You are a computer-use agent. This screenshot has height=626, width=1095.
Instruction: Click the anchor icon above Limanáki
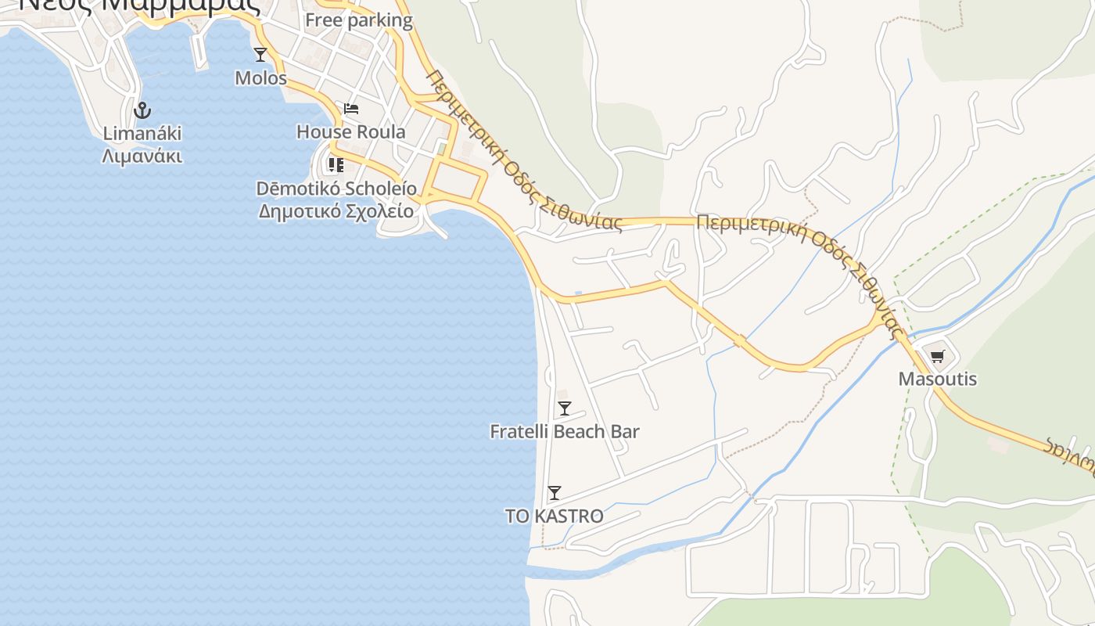pyautogui.click(x=142, y=110)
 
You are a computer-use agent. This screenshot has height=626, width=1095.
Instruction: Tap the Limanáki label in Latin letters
pyautogui.click(x=142, y=133)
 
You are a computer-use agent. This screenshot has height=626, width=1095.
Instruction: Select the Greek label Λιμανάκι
pyautogui.click(x=142, y=156)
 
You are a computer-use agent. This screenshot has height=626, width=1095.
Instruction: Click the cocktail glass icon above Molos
pyautogui.click(x=260, y=55)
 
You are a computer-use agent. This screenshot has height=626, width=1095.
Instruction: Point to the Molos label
pyautogui.click(x=260, y=78)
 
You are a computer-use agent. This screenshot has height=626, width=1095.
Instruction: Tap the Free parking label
pyautogui.click(x=358, y=20)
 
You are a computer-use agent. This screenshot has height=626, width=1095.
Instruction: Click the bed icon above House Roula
pyautogui.click(x=351, y=108)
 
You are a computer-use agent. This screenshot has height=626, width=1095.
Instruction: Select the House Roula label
pyautogui.click(x=351, y=131)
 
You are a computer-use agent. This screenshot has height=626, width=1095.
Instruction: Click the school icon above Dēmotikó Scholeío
pyautogui.click(x=336, y=165)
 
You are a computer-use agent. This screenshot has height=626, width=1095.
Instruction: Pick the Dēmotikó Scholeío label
pyautogui.click(x=336, y=189)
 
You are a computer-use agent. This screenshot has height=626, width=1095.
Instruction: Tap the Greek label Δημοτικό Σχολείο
pyautogui.click(x=336, y=211)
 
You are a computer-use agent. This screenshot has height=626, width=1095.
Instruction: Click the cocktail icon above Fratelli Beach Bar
pyautogui.click(x=564, y=408)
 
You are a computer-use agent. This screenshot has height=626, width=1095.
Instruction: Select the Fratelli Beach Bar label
pyautogui.click(x=564, y=431)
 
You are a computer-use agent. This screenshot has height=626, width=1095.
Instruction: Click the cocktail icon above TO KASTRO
pyautogui.click(x=555, y=493)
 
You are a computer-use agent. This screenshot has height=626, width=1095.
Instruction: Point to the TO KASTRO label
pyautogui.click(x=555, y=516)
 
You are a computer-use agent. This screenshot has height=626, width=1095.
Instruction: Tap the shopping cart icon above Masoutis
pyautogui.click(x=937, y=357)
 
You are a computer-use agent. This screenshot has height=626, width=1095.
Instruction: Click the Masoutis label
pyautogui.click(x=937, y=380)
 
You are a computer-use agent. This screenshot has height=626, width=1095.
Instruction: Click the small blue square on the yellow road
pyautogui.click(x=578, y=294)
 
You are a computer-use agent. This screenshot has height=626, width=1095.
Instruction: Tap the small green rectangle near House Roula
pyautogui.click(x=442, y=149)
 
